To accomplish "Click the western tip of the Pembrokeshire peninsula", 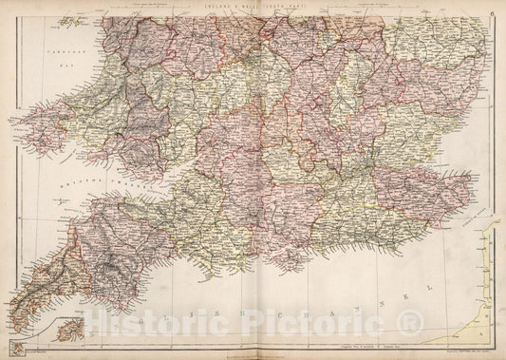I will pyautogui.click(x=9, y=123).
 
